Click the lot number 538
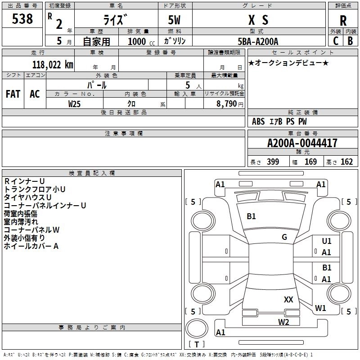pyautogui.click(x=22, y=19)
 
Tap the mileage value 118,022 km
pyautogui.click(x=53, y=65)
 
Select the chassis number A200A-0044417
pyautogui.click(x=302, y=143)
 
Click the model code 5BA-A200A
pyautogui.click(x=258, y=41)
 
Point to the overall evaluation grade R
pyautogui.click(x=343, y=21)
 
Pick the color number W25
pyautogui.click(x=74, y=104)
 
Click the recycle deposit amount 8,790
pyautogui.click(x=226, y=104)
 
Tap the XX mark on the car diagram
pyautogui.click(x=288, y=300)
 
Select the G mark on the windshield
pyautogui.click(x=284, y=237)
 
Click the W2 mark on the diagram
pyautogui.click(x=283, y=322)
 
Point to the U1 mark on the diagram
pyautogui.click(x=327, y=241)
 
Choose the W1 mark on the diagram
pyautogui.click(x=320, y=308)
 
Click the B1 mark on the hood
pyautogui.click(x=251, y=216)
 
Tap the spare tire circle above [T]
pyautogui.click(x=197, y=328)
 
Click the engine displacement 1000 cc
pyautogui.click(x=141, y=41)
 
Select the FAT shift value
pyautogui.click(x=13, y=94)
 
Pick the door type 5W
pyautogui.click(x=174, y=20)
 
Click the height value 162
pyautogui.click(x=346, y=162)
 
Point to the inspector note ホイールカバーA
pyautogui.click(x=31, y=246)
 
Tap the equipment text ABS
pyautogui.click(x=258, y=121)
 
